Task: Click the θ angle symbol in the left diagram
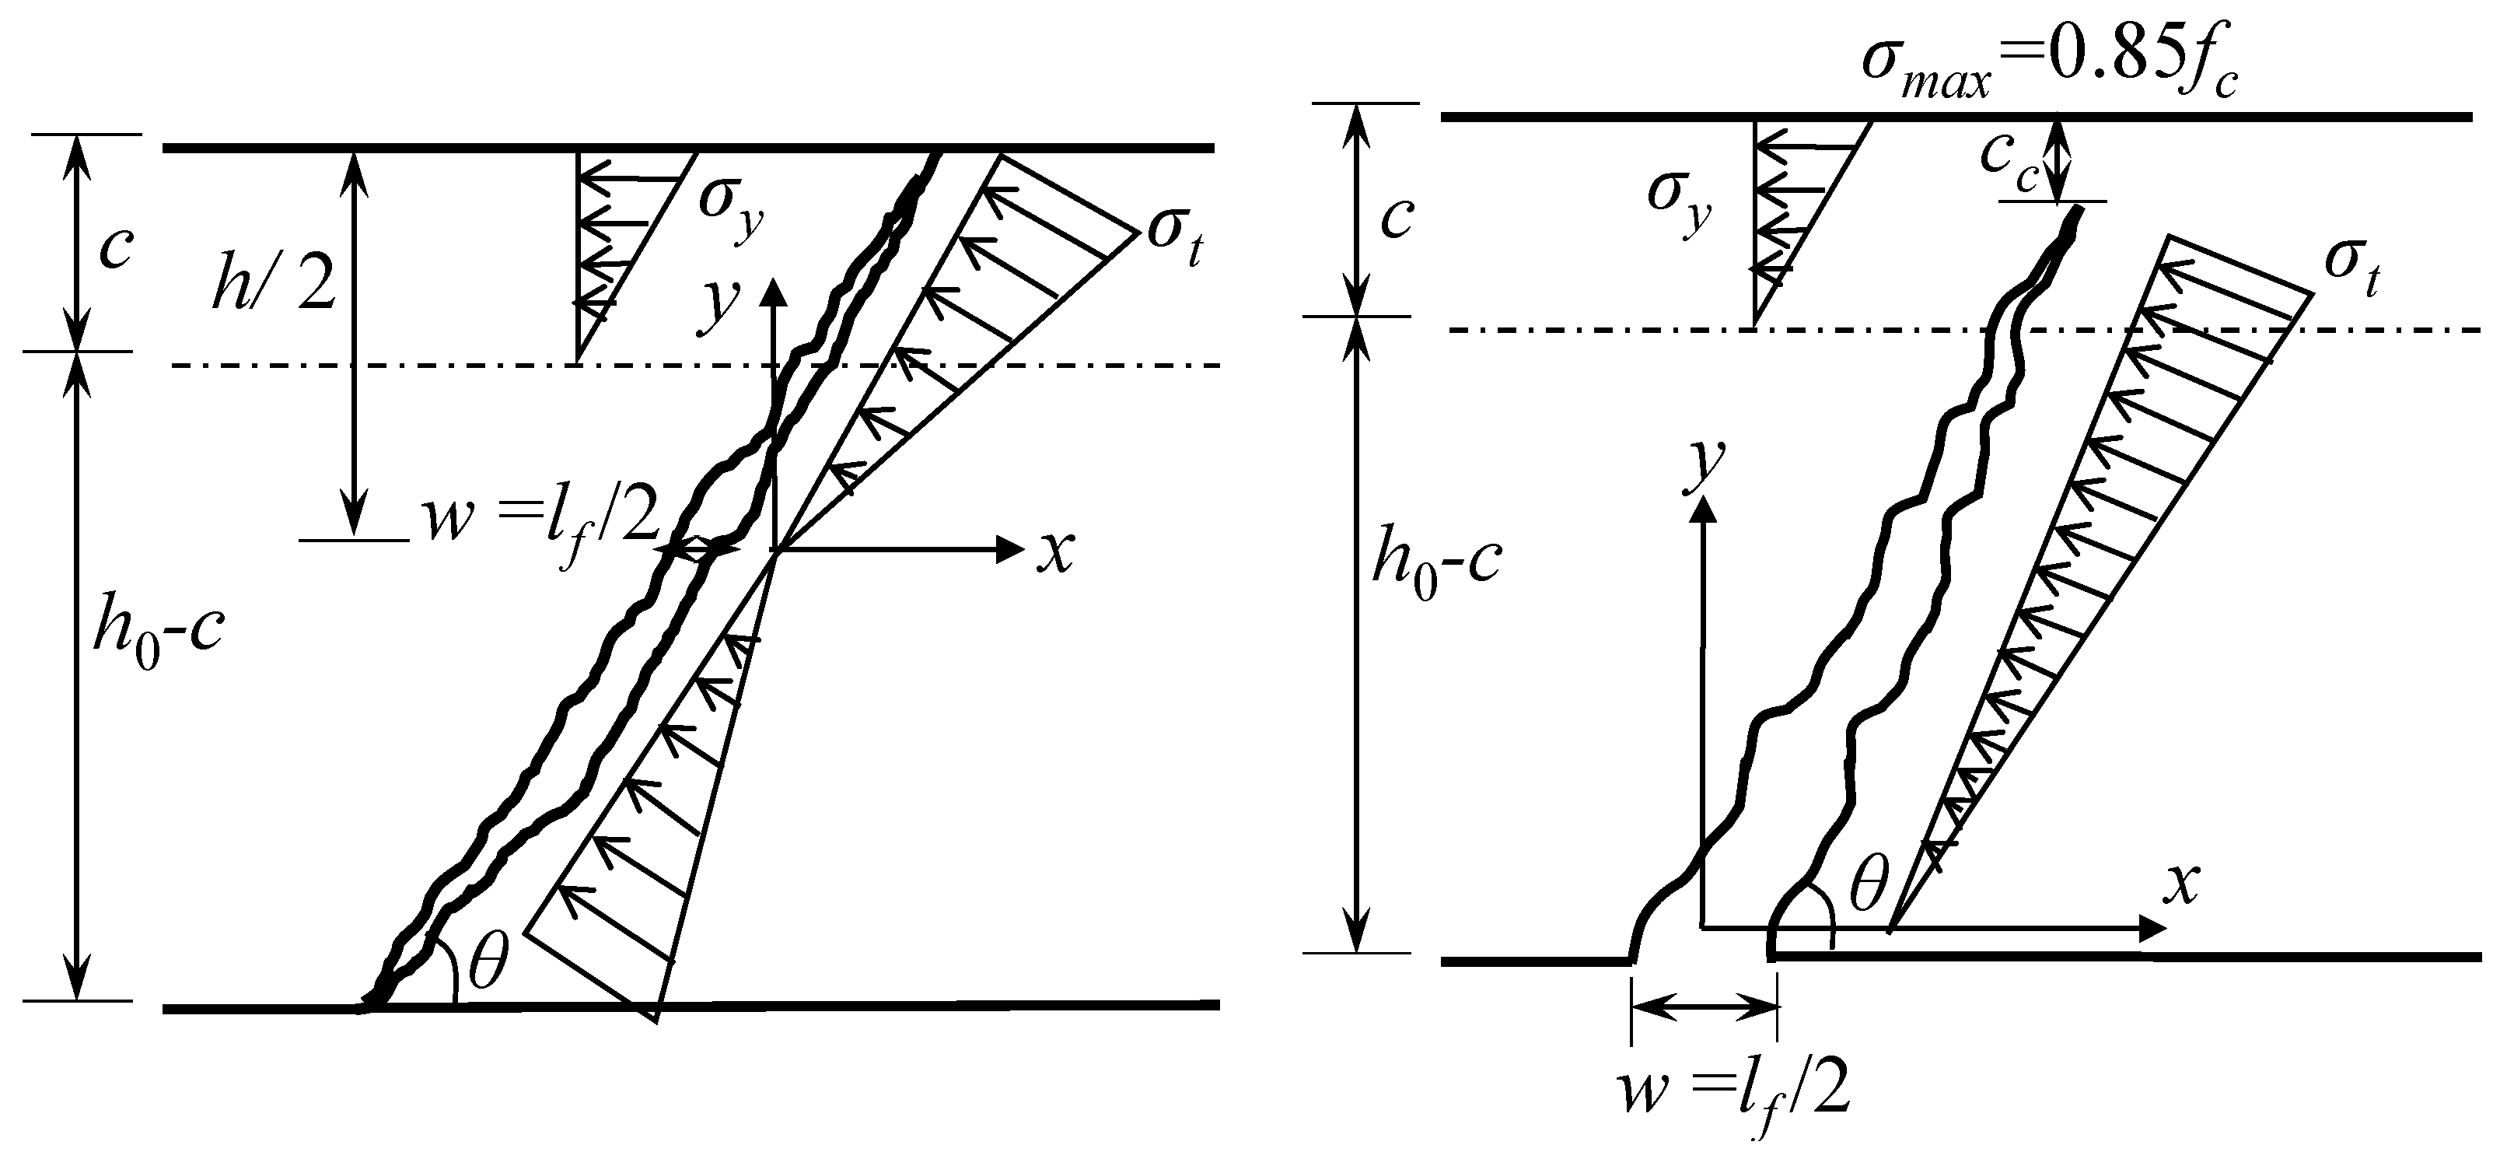point(487,964)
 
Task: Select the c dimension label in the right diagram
point(1397,219)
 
